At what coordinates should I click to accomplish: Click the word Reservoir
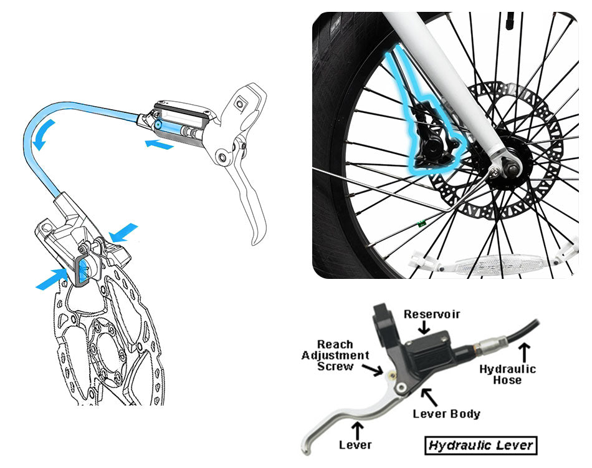[432, 314]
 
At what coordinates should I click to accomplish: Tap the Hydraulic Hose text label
[507, 374]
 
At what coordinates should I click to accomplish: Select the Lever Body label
[446, 414]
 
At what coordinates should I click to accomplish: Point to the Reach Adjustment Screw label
[335, 355]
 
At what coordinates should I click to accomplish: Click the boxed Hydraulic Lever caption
[480, 445]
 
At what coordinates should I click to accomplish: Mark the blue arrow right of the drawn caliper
[123, 232]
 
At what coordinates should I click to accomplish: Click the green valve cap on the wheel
[421, 220]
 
